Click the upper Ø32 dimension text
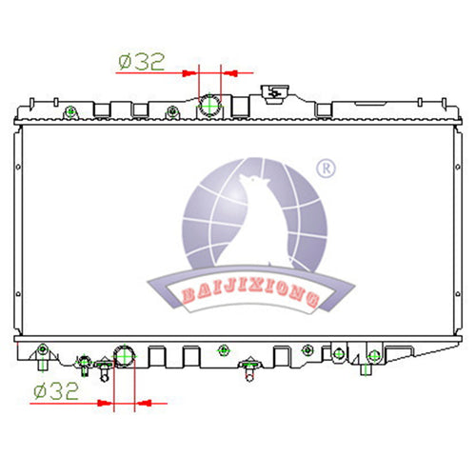tap(142, 62)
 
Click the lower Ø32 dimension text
tap(56, 391)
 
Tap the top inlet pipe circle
tap(209, 105)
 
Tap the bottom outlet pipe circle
tap(125, 356)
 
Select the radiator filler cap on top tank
tap(274, 94)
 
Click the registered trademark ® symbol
tap(326, 169)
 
